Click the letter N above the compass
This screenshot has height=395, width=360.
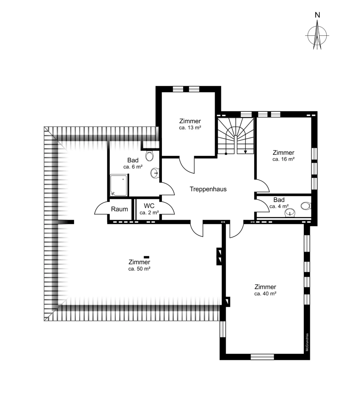tap(317, 15)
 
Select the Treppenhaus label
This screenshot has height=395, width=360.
tap(208, 189)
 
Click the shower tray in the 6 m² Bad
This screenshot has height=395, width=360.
tap(118, 185)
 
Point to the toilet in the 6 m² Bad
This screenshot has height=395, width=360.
tap(149, 156)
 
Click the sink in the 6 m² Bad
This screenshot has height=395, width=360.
tap(155, 173)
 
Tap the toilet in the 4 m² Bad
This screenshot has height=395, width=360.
tap(306, 206)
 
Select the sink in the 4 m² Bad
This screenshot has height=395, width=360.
tap(290, 213)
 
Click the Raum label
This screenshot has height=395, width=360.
tap(119, 209)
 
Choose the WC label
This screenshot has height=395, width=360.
tap(149, 206)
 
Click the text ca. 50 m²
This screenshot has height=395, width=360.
tap(139, 269)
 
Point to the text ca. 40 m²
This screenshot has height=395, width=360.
tap(265, 294)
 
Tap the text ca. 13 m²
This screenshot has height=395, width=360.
tap(190, 128)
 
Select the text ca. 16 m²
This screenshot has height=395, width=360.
tap(284, 159)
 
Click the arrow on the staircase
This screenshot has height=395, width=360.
tap(245, 148)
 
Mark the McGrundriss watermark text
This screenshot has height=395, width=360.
tap(307, 342)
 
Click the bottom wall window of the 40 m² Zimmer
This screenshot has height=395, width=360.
tap(262, 357)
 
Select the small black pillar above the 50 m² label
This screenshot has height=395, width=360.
tap(146, 257)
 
